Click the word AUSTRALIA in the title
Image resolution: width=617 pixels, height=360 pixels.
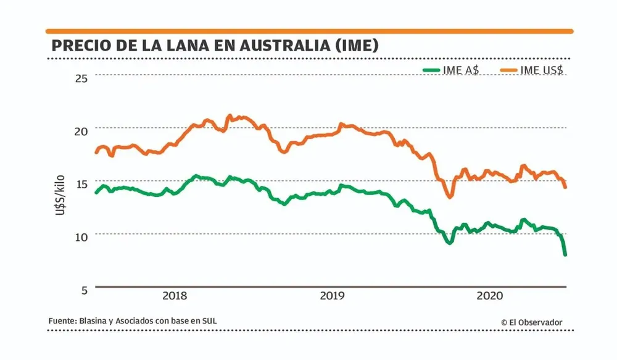(x=268, y=46)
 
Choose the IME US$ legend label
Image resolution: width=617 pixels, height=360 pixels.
(x=542, y=70)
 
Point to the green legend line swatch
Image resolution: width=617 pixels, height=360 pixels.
(x=430, y=70)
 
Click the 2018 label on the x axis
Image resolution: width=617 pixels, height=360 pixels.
(x=175, y=296)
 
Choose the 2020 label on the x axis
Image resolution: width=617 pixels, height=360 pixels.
(x=489, y=296)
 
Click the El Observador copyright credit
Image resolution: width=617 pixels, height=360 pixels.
(x=531, y=322)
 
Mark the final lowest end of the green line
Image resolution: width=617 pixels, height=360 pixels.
(x=565, y=254)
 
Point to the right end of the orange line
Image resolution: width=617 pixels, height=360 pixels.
(x=565, y=186)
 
